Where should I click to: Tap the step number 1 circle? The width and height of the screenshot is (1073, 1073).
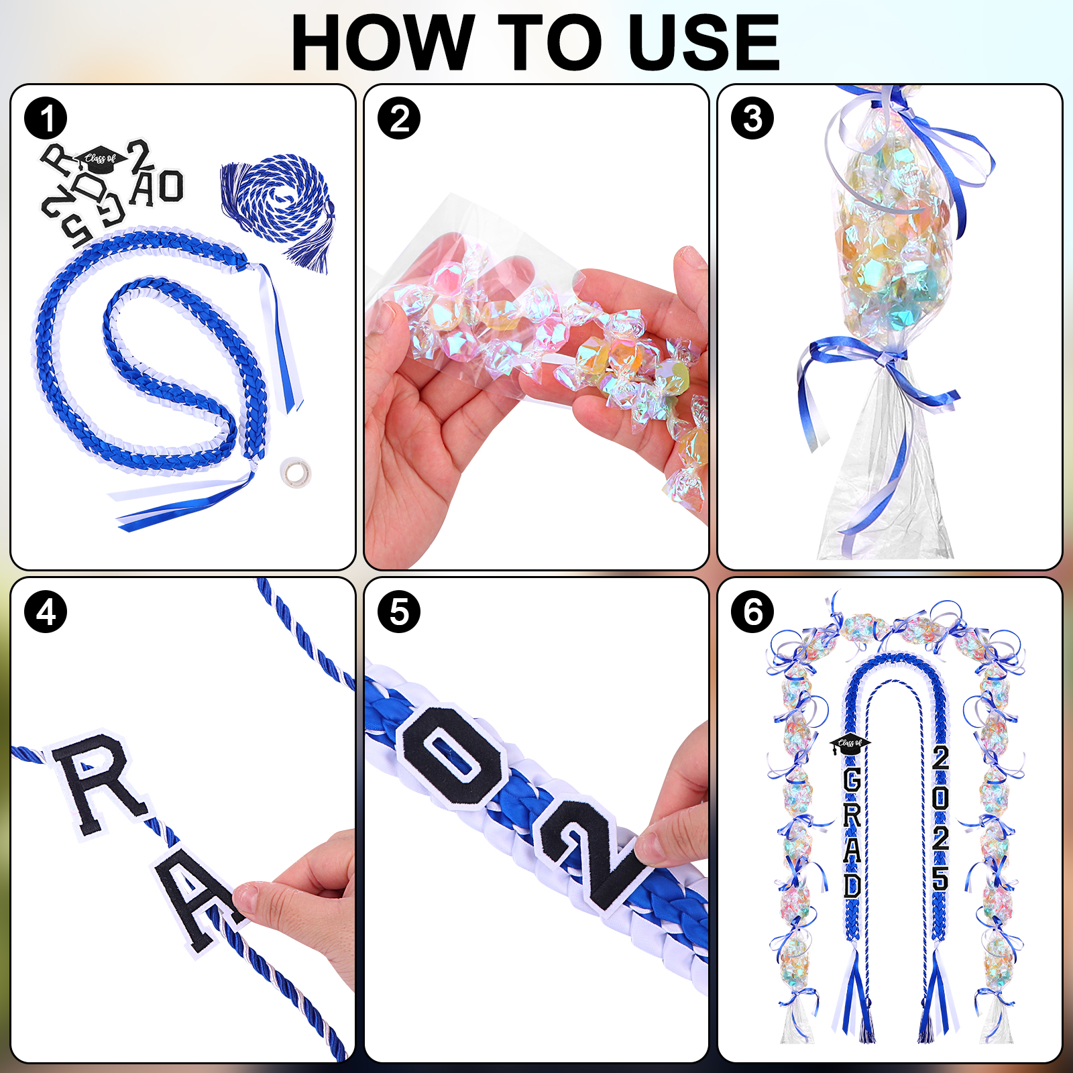click(46, 119)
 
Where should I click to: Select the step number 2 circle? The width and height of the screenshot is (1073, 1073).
click(399, 119)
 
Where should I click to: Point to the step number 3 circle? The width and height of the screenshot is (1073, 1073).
click(752, 119)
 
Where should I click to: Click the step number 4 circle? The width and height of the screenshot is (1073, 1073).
click(46, 612)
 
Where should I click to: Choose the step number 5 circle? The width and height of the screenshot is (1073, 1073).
click(399, 612)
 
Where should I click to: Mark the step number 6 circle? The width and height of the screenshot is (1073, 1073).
click(752, 612)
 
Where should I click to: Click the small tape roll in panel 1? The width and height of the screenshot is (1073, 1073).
click(295, 473)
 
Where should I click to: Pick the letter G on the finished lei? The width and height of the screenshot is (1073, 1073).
click(852, 780)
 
